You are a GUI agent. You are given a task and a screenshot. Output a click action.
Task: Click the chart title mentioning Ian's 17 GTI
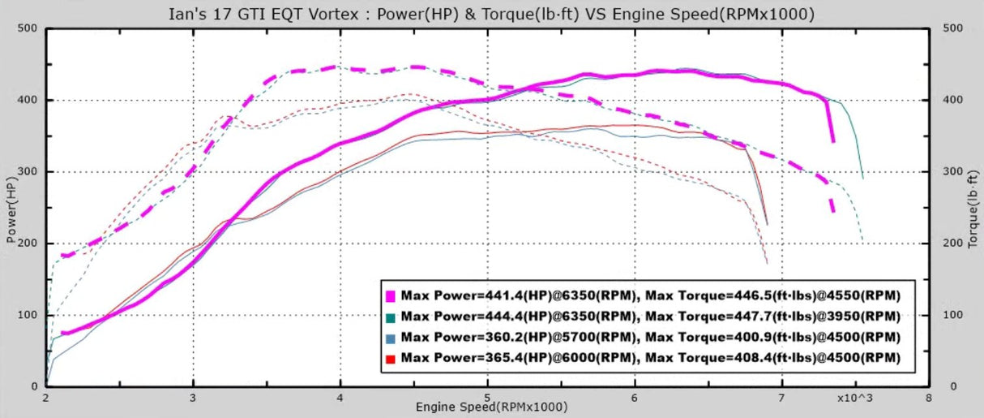pos(491,14)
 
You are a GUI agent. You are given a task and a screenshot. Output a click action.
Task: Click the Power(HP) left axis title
pos(11,208)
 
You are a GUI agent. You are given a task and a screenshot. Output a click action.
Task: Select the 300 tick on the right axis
pos(952,172)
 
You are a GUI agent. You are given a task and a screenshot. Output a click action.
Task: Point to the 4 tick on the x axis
pos(340,399)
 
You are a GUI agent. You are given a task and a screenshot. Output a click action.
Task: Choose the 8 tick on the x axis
pos(928,399)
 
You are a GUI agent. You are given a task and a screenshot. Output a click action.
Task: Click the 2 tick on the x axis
pos(46,399)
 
